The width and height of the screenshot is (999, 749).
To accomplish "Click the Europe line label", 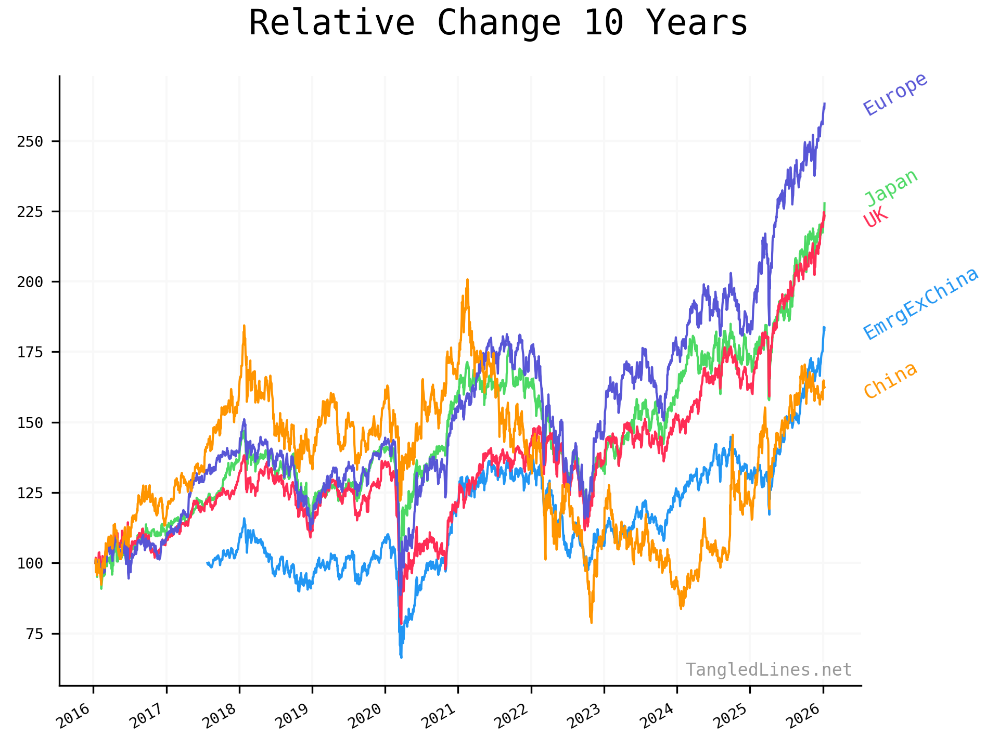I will [x=895, y=94].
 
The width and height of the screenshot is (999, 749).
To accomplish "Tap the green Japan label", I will [x=891, y=188].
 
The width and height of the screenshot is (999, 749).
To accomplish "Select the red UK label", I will [x=876, y=217].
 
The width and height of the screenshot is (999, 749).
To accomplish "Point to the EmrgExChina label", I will [x=920, y=304].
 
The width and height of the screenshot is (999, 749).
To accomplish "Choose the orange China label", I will [x=890, y=380].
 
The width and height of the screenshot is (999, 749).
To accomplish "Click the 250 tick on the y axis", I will [x=30, y=141].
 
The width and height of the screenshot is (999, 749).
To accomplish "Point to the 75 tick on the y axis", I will [x=34, y=634].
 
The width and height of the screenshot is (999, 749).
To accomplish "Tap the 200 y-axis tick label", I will [x=30, y=282].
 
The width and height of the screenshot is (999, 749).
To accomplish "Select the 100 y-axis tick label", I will [x=30, y=563].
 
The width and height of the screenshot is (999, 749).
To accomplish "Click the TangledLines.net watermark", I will [x=768, y=670].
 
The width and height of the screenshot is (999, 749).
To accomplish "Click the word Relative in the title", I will [x=331, y=23].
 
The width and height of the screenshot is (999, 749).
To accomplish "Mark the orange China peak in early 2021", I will [x=467, y=280].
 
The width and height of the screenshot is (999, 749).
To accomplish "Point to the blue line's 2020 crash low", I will [x=401, y=657].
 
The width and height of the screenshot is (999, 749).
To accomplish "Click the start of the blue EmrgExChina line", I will [x=208, y=563].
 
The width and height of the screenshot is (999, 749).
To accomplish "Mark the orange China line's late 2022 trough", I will [x=592, y=622].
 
